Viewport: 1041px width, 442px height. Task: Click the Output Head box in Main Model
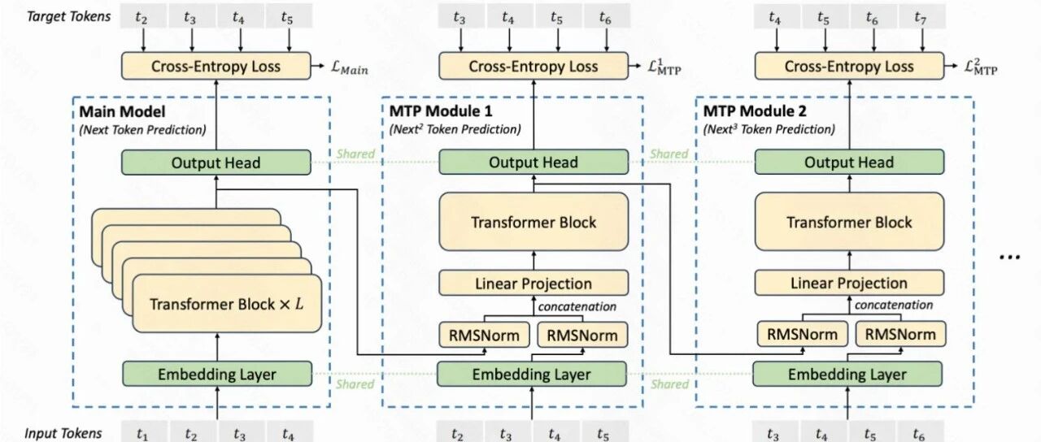pos(216,162)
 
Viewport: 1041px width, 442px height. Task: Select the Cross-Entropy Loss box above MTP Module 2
pos(849,66)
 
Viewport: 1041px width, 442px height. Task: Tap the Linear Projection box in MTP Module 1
pos(534,284)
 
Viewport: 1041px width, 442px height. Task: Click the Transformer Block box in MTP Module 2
pos(849,222)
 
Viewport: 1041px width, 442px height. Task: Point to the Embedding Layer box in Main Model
pos(217,374)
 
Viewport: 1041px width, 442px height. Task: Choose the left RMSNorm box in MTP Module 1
pos(484,335)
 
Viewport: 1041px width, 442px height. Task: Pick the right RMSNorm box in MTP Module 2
pos(900,334)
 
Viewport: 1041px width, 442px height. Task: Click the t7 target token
pos(922,17)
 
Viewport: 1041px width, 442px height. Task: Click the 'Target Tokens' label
pos(69,16)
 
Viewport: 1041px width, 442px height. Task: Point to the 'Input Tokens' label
pos(63,433)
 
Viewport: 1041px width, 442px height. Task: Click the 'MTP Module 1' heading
pos(441,111)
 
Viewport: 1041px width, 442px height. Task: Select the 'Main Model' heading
pos(122,112)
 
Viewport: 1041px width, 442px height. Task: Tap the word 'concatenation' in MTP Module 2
pos(894,305)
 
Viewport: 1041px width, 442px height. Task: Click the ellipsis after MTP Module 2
pos(1009,257)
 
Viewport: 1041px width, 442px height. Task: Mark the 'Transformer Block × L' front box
pos(227,304)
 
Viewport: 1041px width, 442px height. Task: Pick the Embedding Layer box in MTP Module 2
pos(847,374)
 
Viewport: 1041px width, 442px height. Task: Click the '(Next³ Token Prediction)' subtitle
pos(769,129)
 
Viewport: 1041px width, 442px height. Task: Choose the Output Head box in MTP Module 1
pos(534,162)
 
